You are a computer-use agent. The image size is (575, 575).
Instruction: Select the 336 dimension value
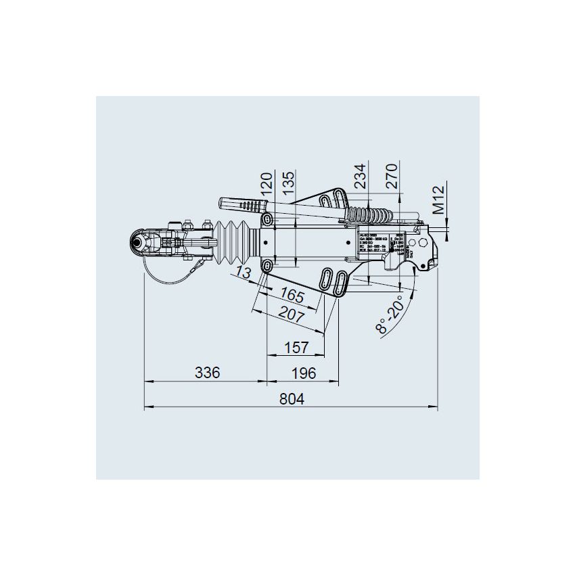point(207,373)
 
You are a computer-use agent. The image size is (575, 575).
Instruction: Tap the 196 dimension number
point(303,373)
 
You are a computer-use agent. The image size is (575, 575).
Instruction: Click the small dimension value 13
point(244,273)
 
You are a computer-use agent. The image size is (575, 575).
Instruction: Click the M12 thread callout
point(440,200)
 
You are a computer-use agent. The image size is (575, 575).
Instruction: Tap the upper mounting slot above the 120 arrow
point(268,220)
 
